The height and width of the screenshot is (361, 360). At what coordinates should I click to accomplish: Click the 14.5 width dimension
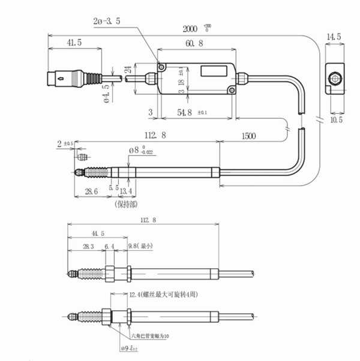click(334, 37)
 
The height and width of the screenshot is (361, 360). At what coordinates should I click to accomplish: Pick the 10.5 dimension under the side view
click(336, 120)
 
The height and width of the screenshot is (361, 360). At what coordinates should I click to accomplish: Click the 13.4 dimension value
click(127, 191)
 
